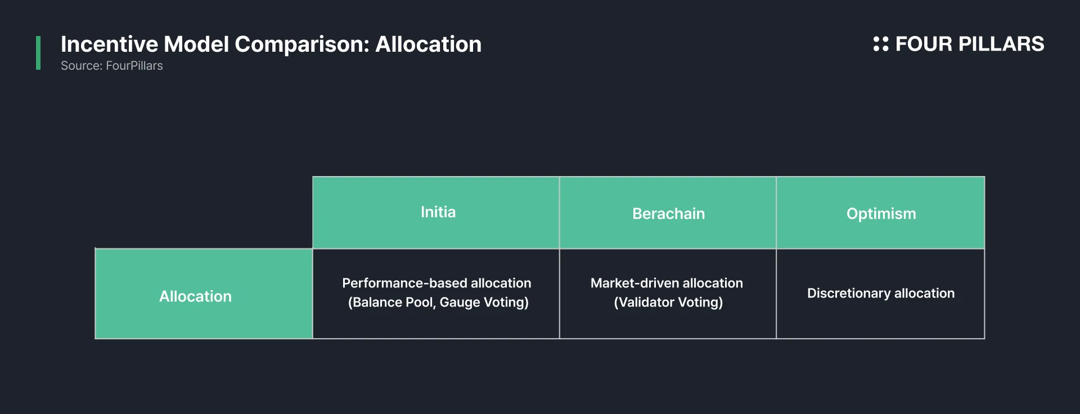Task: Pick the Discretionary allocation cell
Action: (x=880, y=294)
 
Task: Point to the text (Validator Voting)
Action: (x=668, y=302)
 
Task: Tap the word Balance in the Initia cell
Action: (x=373, y=302)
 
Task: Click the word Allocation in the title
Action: (x=429, y=44)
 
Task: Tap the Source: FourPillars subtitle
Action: (x=112, y=66)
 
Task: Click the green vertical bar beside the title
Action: (x=38, y=53)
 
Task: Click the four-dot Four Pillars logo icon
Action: (x=881, y=44)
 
